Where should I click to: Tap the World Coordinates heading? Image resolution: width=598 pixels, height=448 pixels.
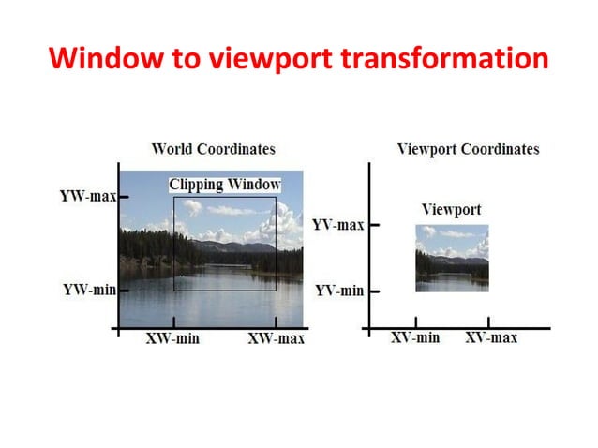coord(213,149)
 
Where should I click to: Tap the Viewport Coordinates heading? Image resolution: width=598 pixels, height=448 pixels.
coord(468,149)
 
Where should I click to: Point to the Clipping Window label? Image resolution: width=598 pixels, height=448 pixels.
coord(225,185)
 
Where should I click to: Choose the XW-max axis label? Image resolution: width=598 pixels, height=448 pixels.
coord(276,338)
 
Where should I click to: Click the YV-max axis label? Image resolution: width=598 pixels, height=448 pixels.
coord(338,225)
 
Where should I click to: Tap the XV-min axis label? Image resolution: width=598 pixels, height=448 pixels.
coord(415,337)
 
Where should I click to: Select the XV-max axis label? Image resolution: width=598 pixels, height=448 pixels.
coord(491,337)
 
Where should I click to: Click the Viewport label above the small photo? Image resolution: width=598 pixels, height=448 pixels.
coord(451,209)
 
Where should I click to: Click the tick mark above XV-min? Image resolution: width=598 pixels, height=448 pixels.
coord(416,323)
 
